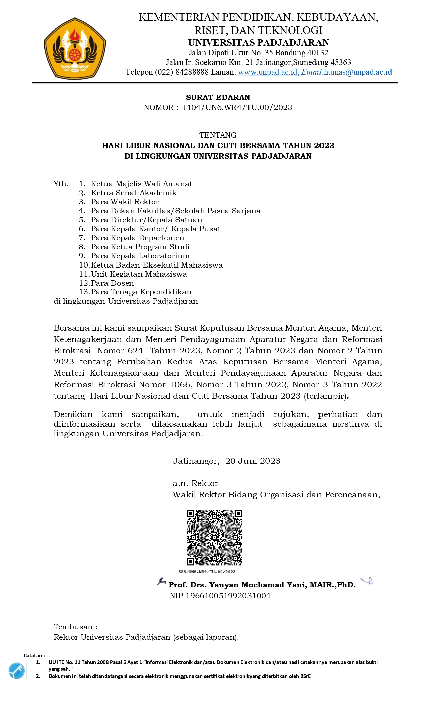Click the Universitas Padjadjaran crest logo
point(75,49)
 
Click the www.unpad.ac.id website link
point(269,72)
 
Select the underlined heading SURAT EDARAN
point(218,97)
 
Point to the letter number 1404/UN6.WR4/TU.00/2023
point(237,108)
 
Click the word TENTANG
point(218,135)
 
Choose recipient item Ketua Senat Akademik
point(134,193)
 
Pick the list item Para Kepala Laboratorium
point(140,256)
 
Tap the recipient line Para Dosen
point(112,283)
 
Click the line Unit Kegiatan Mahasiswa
point(139,274)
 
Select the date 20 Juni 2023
point(253,461)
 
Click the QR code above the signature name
point(214,537)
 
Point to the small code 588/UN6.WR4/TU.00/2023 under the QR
point(207,572)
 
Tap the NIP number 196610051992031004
point(228,596)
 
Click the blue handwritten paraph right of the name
point(367,581)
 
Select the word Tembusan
point(73,627)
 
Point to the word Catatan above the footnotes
point(33,655)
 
